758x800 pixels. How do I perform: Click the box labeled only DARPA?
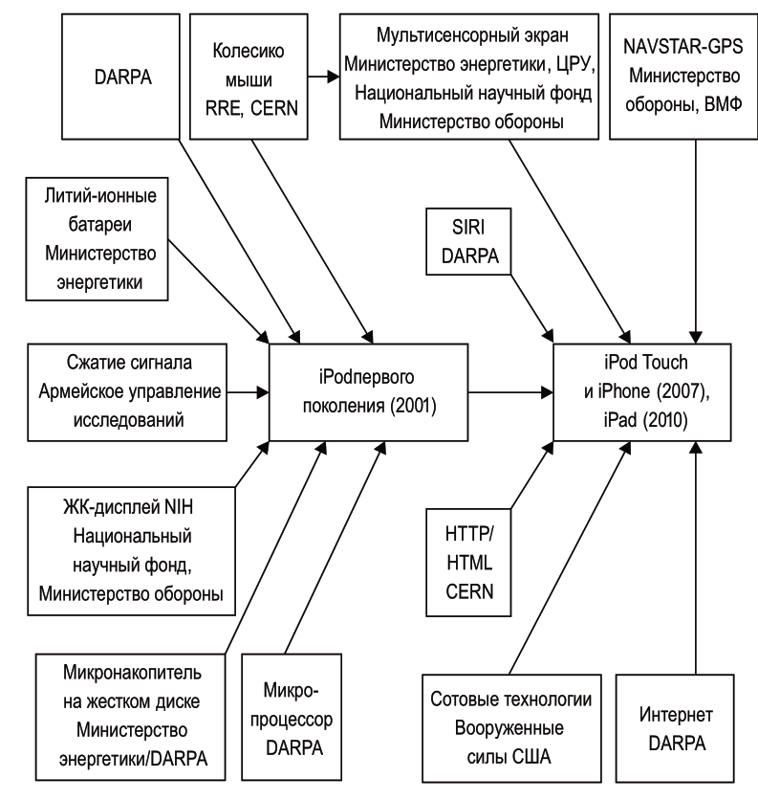point(120,77)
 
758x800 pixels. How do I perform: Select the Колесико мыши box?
point(249,77)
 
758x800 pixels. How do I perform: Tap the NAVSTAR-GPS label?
point(683,47)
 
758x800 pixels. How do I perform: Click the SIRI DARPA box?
point(468,241)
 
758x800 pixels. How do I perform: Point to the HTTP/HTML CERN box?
point(468,563)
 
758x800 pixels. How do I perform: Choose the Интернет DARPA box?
point(675,728)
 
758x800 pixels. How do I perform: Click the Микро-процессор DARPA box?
point(292,717)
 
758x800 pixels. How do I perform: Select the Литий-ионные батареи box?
point(97,239)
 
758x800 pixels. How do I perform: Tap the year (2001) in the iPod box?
point(413,407)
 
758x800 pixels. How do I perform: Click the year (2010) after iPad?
point(665,420)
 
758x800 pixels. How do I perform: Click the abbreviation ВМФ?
point(723,104)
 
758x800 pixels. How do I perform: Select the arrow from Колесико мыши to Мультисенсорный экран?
point(324,78)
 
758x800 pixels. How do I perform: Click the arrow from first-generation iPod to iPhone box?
point(510,392)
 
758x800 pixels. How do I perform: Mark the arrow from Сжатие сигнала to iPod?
point(248,392)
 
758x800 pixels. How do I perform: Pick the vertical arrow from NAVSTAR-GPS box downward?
point(696,241)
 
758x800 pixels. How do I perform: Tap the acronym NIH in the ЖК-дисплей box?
point(179,507)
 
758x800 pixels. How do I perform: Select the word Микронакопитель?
point(132,673)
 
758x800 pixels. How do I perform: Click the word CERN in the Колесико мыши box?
point(274,109)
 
